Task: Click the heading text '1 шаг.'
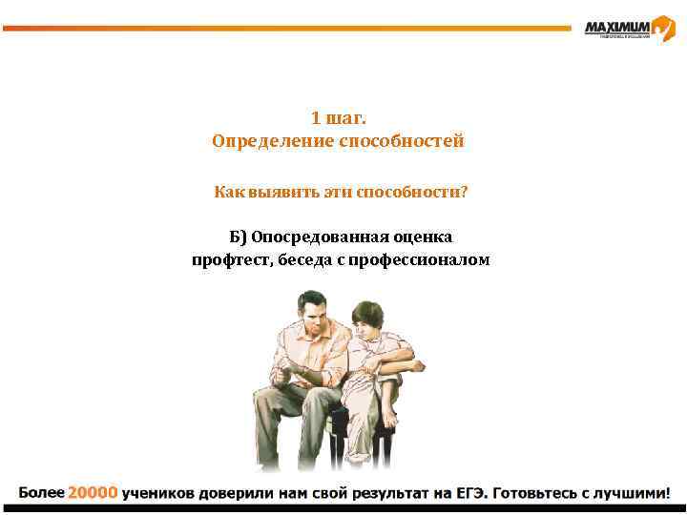coord(339,118)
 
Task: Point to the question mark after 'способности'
coord(464,193)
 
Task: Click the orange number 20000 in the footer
coord(93,493)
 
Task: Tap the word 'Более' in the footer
coord(41,493)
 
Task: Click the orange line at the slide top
coord(286,29)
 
